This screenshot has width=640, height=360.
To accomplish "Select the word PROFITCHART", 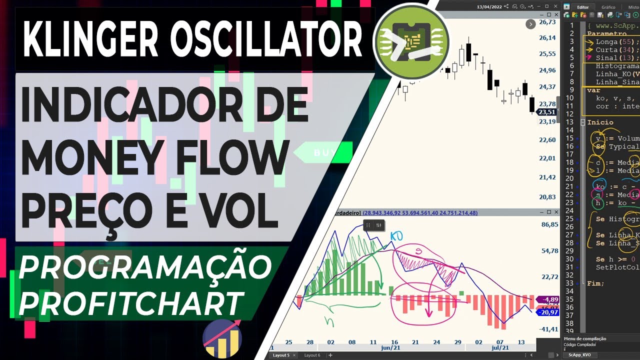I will click(130, 302).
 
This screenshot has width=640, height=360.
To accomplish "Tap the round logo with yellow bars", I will click(222, 339).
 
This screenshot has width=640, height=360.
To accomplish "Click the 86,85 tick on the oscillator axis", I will click(549, 224).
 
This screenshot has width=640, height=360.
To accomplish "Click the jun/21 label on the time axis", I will click(390, 347).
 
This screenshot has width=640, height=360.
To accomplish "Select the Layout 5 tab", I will click(281, 355).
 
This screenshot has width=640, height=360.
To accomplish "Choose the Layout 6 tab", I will click(312, 355).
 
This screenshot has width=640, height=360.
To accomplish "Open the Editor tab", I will click(583, 7).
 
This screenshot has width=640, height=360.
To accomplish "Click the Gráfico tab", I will click(608, 7).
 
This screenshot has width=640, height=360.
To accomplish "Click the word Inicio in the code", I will click(600, 122).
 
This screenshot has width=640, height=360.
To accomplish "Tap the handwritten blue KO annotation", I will click(396, 235).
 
